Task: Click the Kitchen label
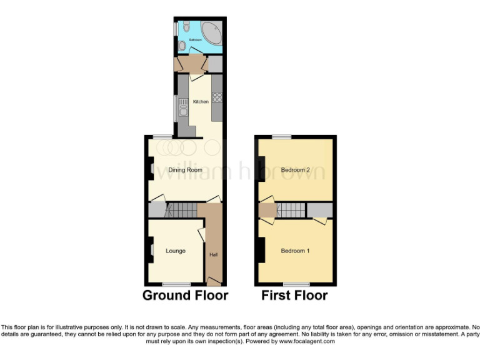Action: [201, 102]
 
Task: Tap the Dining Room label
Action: [186, 170]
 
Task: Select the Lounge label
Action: [176, 251]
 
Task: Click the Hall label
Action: [214, 254]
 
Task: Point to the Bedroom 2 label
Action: [295, 170]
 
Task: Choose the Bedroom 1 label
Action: [295, 251]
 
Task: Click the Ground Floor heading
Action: [185, 296]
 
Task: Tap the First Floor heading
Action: [294, 296]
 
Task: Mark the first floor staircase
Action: [290, 210]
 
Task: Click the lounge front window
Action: [176, 284]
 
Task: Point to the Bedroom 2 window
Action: [281, 137]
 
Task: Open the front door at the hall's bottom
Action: [214, 281]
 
